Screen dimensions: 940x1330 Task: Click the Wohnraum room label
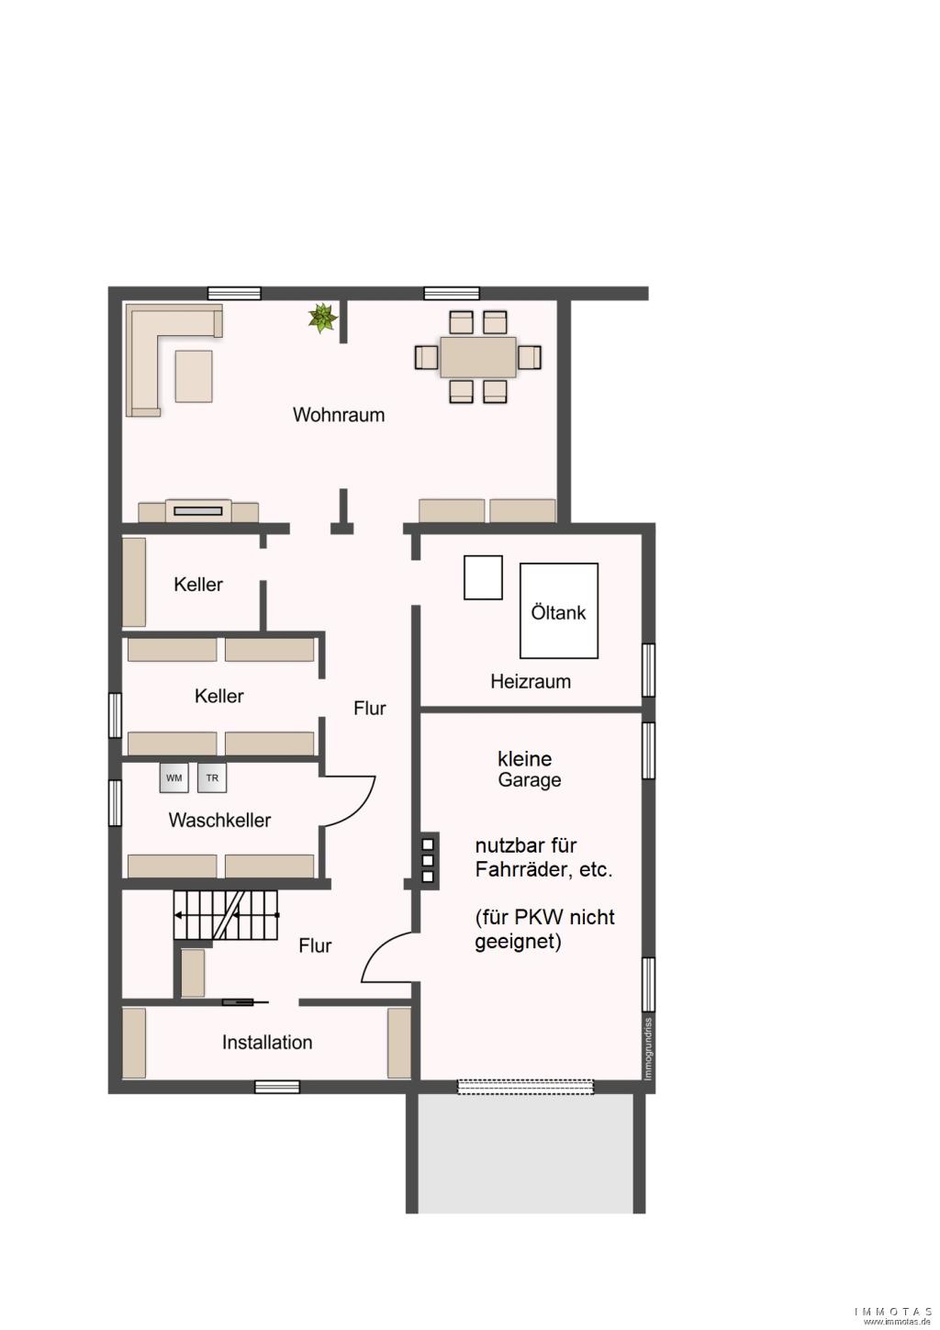tap(339, 415)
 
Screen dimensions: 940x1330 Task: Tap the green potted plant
tap(322, 318)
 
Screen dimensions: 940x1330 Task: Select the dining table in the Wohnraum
tap(478, 357)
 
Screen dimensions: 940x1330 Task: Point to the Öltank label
tap(558, 612)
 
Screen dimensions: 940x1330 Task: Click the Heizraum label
tap(531, 681)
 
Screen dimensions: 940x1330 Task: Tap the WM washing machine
tap(174, 777)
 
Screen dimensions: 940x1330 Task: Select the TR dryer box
tap(212, 777)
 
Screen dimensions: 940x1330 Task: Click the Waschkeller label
tap(219, 820)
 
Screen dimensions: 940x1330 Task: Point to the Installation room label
tap(267, 1042)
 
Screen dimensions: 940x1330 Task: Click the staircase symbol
tap(226, 915)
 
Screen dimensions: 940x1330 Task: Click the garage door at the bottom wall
tap(525, 1086)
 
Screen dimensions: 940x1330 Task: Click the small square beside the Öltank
tap(484, 577)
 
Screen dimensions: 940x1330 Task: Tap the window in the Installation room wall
tap(277, 1087)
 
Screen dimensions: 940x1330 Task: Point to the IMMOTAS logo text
tap(893, 1311)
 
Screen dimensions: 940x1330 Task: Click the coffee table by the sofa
tap(194, 376)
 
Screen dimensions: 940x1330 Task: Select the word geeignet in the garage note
tap(518, 943)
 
